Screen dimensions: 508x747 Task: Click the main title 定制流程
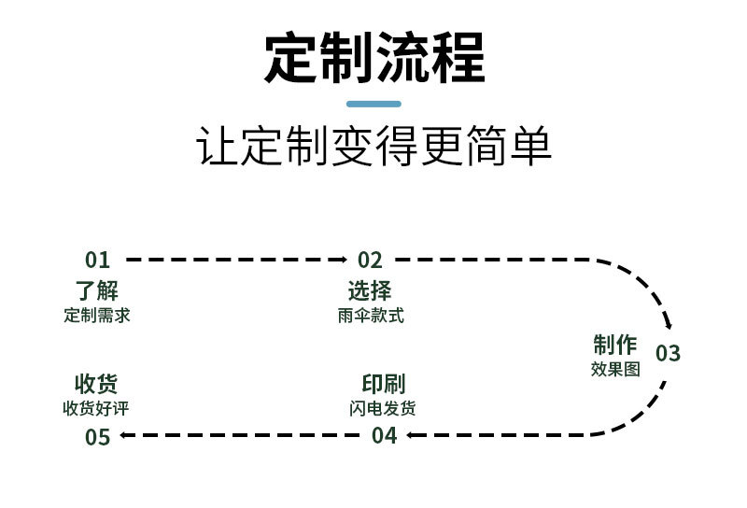pos(373,57)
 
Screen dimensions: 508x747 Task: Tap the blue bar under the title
pos(373,104)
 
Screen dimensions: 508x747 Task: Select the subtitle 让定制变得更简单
pos(373,148)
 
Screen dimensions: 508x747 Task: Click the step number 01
pos(97,261)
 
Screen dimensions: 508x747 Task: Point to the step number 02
pos(370,261)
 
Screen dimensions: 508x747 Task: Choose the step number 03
pos(668,354)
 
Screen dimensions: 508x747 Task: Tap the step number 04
pos(384,435)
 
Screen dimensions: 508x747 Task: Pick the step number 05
pos(97,436)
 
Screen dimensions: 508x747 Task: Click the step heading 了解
pos(97,290)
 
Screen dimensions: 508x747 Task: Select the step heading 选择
pos(370,290)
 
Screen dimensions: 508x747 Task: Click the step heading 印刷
pos(383,384)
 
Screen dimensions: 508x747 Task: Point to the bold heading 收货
pos(97,384)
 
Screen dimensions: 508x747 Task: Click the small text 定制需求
pos(97,316)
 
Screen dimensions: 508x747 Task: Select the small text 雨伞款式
pos(371,316)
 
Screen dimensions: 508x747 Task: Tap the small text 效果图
pos(615,369)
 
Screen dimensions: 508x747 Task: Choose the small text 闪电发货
pos(383,408)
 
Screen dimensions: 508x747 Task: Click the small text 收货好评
pos(97,408)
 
